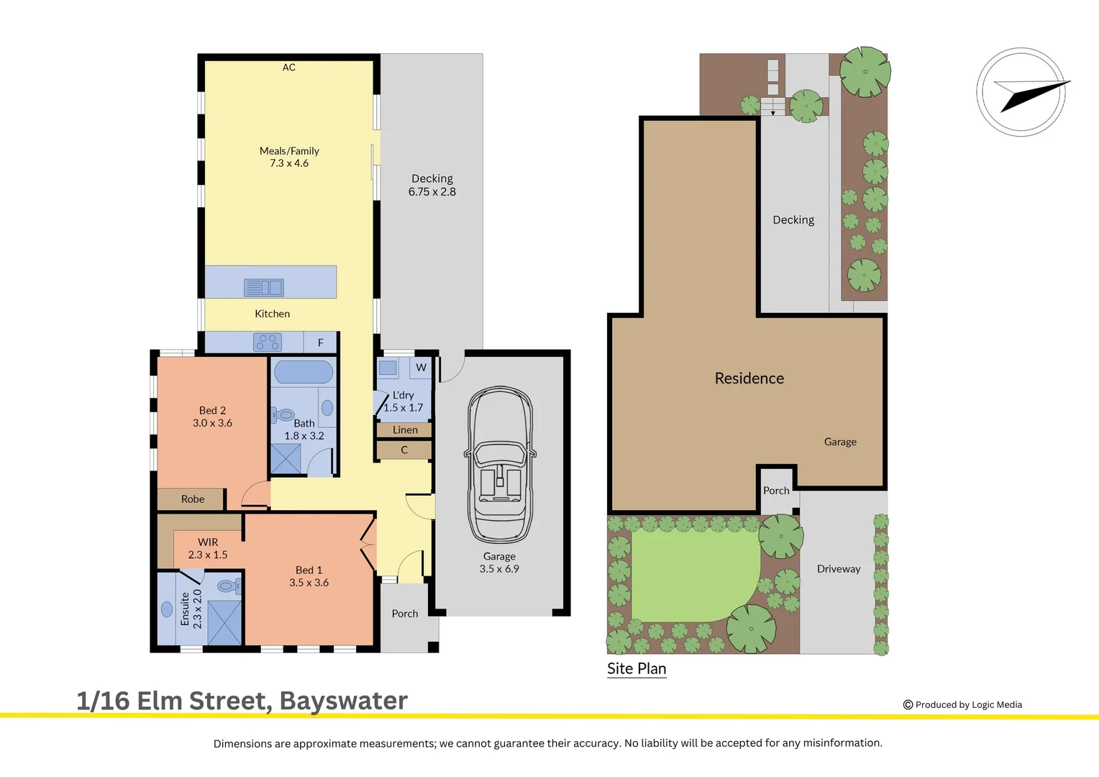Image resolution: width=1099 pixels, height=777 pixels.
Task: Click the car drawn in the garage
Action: coord(500,465)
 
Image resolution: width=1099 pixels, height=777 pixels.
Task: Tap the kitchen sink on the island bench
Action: coord(264,288)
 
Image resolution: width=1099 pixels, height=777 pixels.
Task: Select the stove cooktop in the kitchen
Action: coord(268,342)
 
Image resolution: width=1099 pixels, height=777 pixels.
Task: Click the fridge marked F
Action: coord(320,343)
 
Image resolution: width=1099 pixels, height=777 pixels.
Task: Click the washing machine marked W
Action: coord(421,368)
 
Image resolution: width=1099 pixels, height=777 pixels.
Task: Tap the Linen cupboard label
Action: coord(405,430)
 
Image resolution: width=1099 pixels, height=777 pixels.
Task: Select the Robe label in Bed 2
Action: coord(193,499)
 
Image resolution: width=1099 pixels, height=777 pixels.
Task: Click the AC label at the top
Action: coord(289,68)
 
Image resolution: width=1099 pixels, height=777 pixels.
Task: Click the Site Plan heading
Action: coord(637,668)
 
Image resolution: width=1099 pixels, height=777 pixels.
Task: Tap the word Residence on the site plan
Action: coord(749,378)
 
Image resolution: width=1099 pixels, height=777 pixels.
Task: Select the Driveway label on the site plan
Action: coord(839,569)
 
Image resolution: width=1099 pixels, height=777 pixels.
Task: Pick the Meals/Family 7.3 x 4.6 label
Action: coord(289,157)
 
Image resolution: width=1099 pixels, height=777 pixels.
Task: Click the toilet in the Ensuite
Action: coord(228,586)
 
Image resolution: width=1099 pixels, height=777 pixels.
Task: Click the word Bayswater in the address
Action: coord(343,701)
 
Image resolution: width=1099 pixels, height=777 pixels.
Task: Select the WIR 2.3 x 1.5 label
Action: coord(208,548)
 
